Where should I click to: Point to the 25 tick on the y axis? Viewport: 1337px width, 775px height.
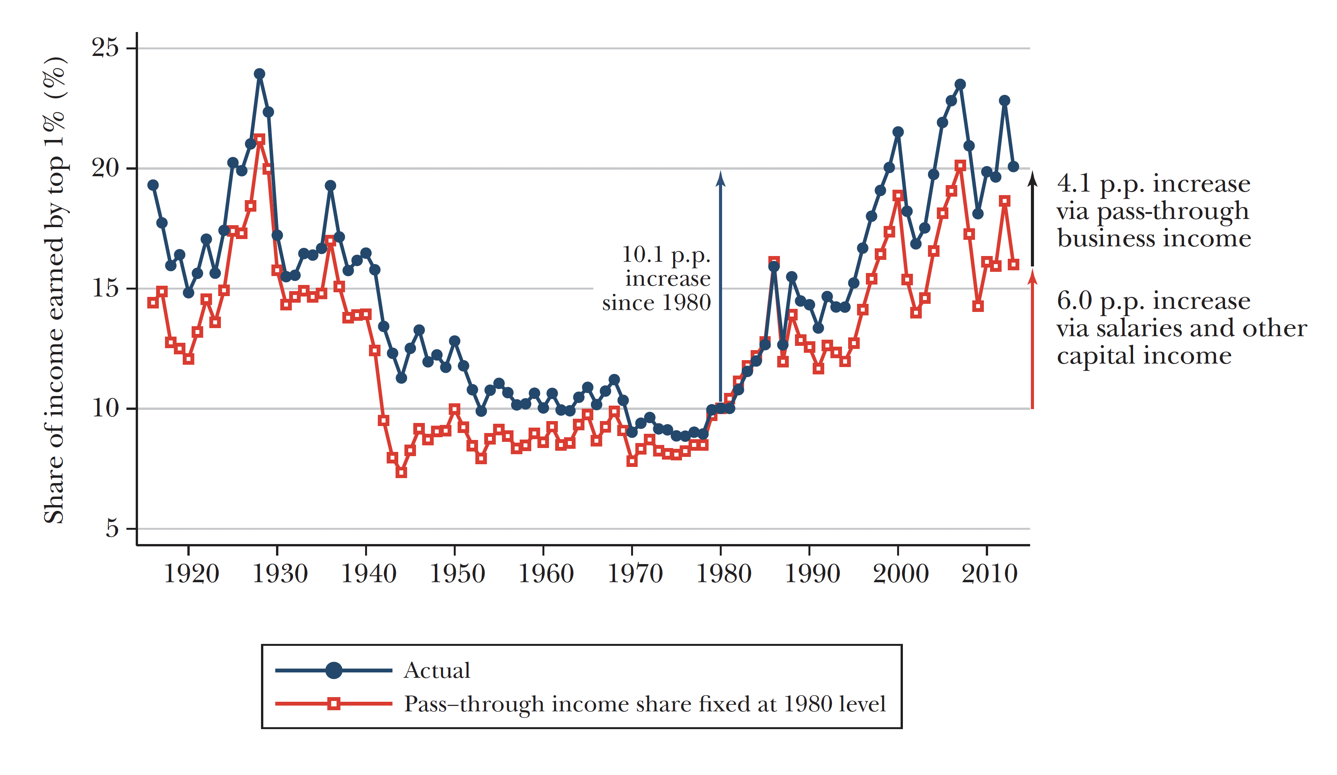(105, 48)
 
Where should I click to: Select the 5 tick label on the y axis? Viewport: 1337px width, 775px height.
(112, 528)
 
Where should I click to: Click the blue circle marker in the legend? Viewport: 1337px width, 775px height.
(333, 671)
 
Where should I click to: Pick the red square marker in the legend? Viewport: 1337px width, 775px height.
(333, 704)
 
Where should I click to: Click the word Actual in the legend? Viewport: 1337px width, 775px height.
(437, 671)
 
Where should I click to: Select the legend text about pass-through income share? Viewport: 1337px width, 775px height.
(645, 704)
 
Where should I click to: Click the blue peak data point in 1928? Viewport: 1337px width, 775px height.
(259, 74)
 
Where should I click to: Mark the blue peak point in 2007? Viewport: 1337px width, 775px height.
(960, 84)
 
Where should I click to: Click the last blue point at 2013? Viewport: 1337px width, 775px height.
(1014, 167)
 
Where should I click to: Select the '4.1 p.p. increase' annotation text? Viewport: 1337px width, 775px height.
(1153, 184)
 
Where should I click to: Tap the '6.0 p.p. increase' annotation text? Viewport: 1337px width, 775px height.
(1153, 301)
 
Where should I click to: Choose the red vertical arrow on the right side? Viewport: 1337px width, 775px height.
(1032, 339)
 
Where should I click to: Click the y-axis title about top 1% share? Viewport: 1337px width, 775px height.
(55, 289)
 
